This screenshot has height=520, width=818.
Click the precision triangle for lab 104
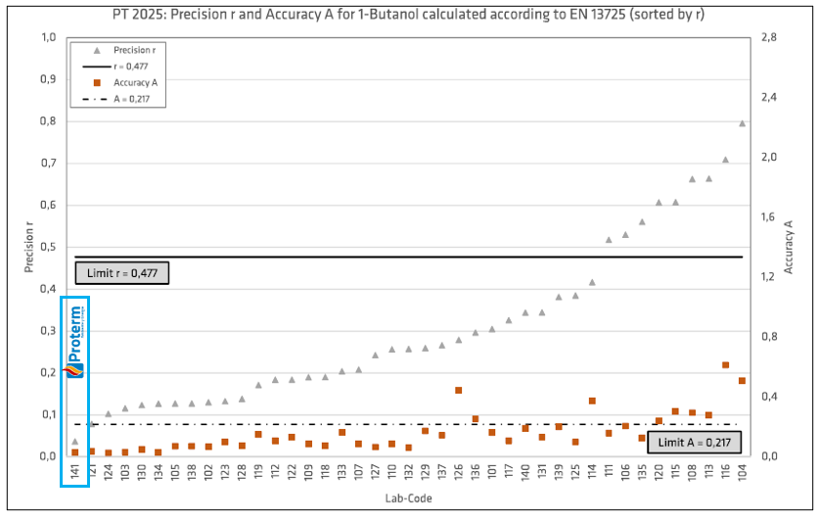tap(742, 123)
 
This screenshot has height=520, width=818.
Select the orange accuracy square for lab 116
tap(725, 365)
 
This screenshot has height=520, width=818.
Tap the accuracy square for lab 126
tap(458, 390)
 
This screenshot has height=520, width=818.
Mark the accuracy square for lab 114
tap(592, 401)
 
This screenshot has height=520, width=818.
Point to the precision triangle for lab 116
tap(725, 160)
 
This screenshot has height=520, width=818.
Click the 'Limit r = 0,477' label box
tap(122, 272)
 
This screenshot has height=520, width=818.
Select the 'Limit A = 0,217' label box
tap(693, 443)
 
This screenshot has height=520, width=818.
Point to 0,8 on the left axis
tap(48, 121)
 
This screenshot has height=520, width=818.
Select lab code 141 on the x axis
tap(74, 474)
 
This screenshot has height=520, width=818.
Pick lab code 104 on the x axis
tap(742, 474)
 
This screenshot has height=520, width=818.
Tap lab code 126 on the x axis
tap(458, 474)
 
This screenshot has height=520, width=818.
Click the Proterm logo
tap(75, 342)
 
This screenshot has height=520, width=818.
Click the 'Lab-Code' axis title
tap(408, 498)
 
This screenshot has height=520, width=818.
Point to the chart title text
tap(409, 12)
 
